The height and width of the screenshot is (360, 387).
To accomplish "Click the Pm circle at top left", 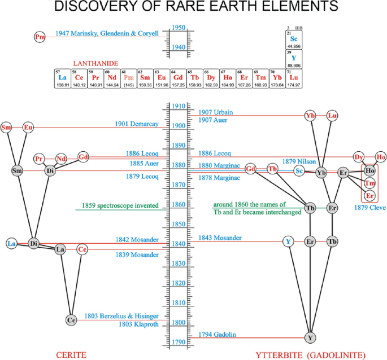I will [40, 37].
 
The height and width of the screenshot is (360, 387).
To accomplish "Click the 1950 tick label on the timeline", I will [179, 27].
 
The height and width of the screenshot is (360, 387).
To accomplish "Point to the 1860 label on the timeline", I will [179, 205].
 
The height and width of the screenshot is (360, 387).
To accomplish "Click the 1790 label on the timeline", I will [179, 343].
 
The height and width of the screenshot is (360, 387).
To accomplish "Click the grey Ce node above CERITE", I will [71, 320].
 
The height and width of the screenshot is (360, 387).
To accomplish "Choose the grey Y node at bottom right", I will [310, 337].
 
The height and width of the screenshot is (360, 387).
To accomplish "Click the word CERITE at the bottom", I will [71, 354].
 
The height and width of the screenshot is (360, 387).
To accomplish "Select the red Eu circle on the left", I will [28, 128].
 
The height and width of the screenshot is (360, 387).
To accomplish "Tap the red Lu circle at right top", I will [333, 116].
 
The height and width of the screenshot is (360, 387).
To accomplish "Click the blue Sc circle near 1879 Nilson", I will [299, 170].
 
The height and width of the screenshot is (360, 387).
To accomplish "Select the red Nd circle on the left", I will [61, 159].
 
